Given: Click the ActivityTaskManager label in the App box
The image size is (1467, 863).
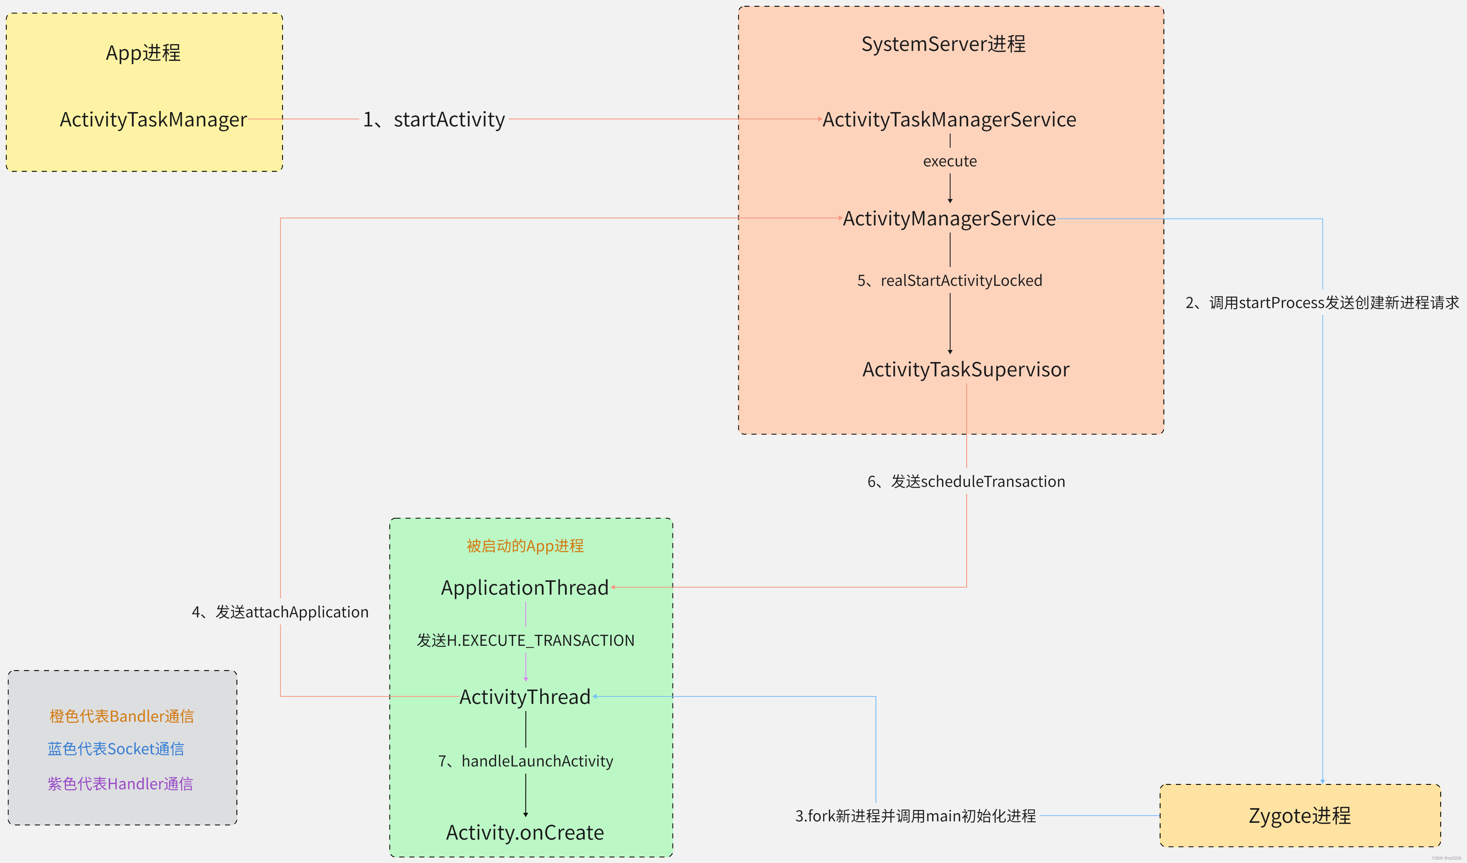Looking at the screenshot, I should (153, 119).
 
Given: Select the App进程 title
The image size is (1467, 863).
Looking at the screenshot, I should (143, 53).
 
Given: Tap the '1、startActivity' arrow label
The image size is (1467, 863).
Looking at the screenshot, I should (434, 119).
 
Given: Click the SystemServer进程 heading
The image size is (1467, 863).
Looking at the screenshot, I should (943, 44).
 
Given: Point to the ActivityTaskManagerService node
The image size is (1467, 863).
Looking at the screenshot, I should (949, 119).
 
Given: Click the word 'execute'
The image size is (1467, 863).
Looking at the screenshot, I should (949, 161).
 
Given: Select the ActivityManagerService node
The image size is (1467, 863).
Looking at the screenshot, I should (949, 218).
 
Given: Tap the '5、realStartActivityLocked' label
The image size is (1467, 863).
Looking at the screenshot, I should (949, 281).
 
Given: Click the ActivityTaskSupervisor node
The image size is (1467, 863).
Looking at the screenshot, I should (966, 369).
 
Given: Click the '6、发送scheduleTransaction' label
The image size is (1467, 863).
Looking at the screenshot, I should (966, 482).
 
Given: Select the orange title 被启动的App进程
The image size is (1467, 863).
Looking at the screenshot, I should (525, 546).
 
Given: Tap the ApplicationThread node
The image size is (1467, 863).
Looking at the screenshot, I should (524, 587).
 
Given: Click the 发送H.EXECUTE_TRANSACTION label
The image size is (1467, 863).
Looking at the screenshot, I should (525, 640).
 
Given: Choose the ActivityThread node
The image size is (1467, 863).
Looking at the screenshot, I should (524, 696).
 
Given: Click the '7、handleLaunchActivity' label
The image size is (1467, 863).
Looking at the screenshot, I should (525, 761).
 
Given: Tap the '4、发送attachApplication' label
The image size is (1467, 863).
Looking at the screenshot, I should (280, 612).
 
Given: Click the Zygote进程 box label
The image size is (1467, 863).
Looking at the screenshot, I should (1299, 815).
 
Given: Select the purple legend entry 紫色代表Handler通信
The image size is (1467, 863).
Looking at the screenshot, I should (120, 784).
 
